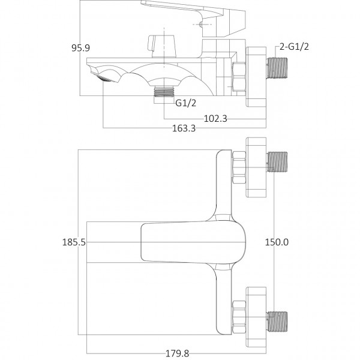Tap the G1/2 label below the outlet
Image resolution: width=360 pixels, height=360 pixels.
(x=185, y=103)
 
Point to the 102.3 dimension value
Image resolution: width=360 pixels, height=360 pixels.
(x=215, y=118)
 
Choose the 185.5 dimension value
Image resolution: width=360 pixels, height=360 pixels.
(x=74, y=242)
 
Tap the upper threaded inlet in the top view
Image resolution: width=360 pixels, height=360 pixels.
(x=277, y=162)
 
